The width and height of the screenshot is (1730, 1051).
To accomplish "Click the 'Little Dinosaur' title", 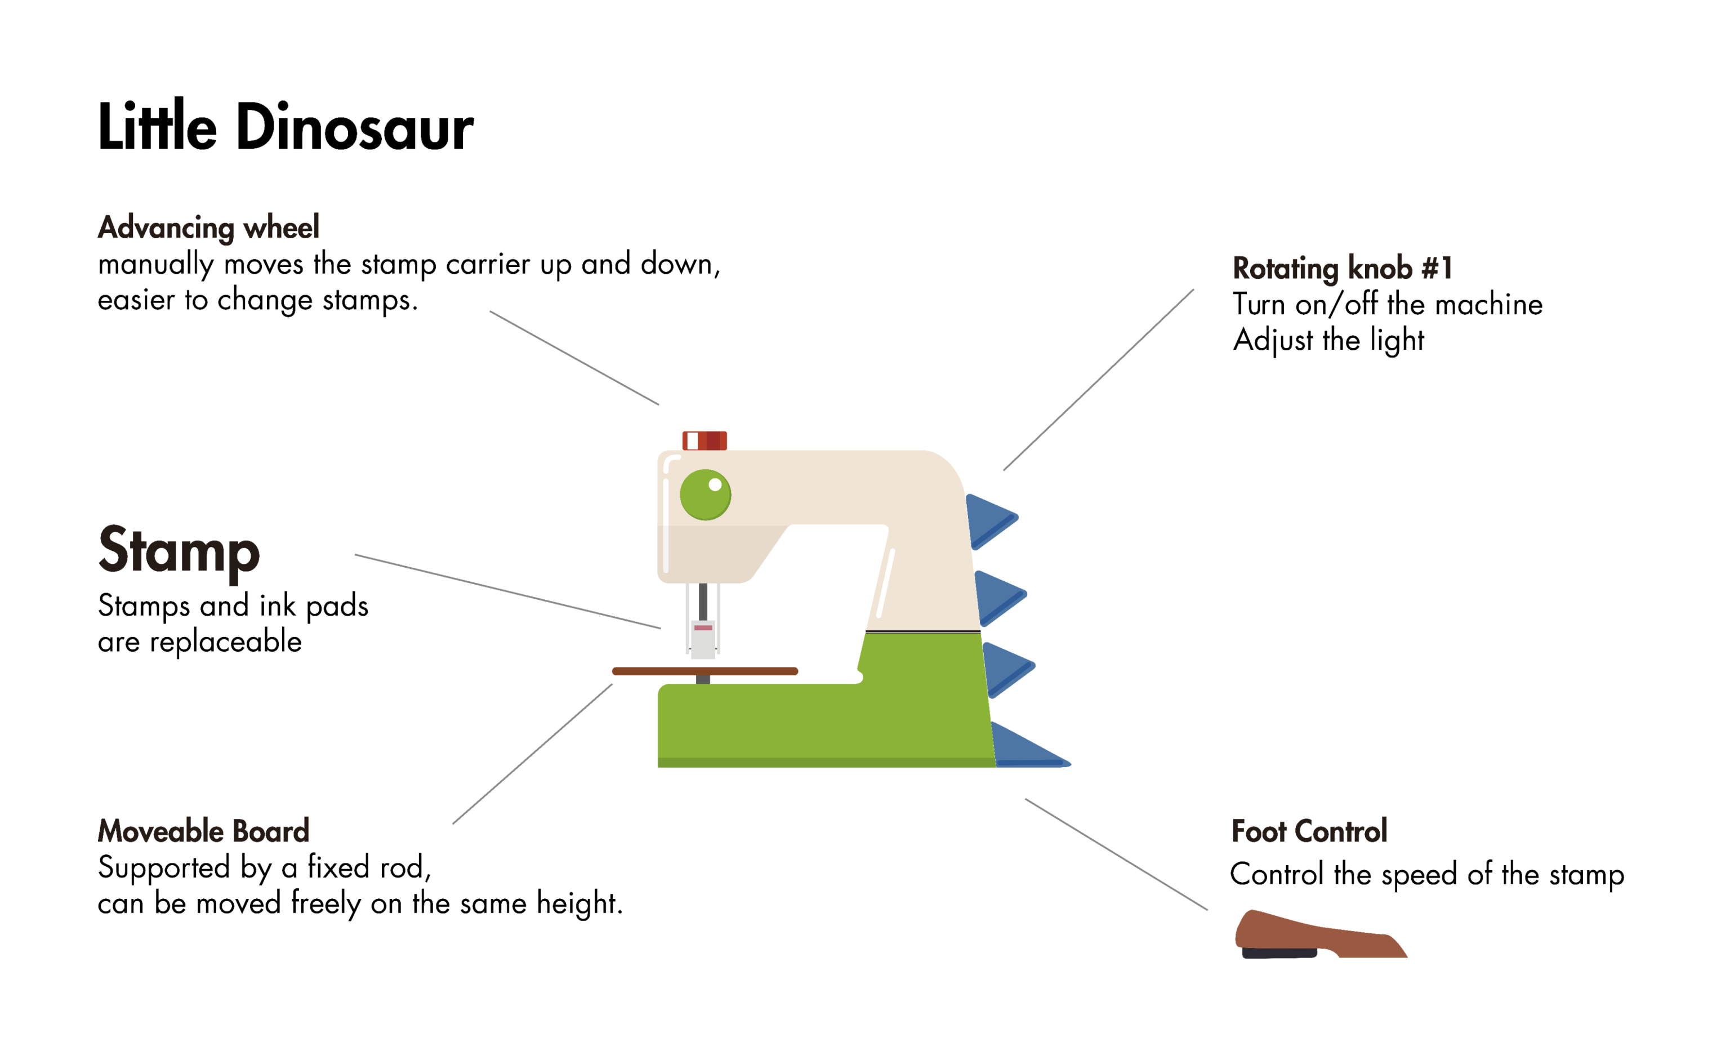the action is click(x=285, y=127).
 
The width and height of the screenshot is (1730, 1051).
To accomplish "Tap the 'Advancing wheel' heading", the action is click(x=208, y=228).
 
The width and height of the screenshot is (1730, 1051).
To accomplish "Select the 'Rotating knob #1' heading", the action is click(x=1342, y=268).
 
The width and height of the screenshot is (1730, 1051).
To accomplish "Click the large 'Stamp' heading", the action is click(x=179, y=551).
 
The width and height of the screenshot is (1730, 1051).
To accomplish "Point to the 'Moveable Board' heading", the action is click(x=204, y=831).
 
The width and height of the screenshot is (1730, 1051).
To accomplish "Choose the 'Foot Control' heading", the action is click(x=1309, y=831).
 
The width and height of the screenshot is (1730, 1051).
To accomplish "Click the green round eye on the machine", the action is click(x=705, y=495).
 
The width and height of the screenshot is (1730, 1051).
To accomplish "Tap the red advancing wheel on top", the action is click(x=704, y=440).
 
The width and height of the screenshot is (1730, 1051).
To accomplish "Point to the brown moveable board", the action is click(x=705, y=671).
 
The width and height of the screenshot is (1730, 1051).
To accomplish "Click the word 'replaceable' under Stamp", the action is click(x=225, y=642).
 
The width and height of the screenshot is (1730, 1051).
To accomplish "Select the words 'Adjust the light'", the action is click(x=1328, y=341).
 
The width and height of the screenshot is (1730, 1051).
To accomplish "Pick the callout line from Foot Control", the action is click(x=1116, y=854).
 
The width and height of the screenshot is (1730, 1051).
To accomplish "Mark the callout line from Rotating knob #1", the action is click(x=1099, y=379).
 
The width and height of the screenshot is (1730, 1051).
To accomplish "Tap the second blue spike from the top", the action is click(x=998, y=597).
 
